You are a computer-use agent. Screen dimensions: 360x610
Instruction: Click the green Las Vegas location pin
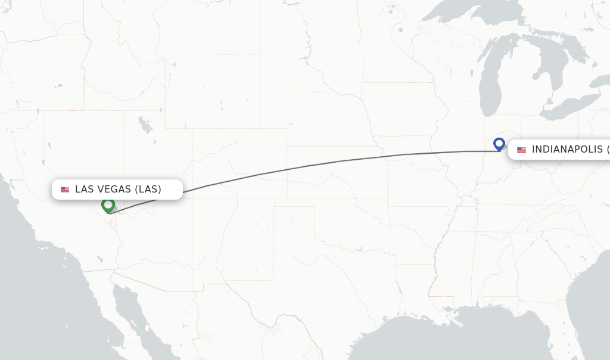tap(108, 205)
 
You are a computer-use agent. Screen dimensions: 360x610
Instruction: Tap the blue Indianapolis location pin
tap(499, 144)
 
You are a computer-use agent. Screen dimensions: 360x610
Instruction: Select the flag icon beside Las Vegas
tap(65, 190)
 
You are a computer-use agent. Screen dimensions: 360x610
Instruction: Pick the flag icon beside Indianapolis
tap(521, 150)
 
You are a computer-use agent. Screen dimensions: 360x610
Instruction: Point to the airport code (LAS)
tap(148, 190)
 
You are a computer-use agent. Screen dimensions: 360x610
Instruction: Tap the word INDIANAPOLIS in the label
tap(567, 150)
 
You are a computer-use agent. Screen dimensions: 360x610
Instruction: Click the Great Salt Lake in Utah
tap(145, 125)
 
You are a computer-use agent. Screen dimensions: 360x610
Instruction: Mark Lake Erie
tap(569, 105)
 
